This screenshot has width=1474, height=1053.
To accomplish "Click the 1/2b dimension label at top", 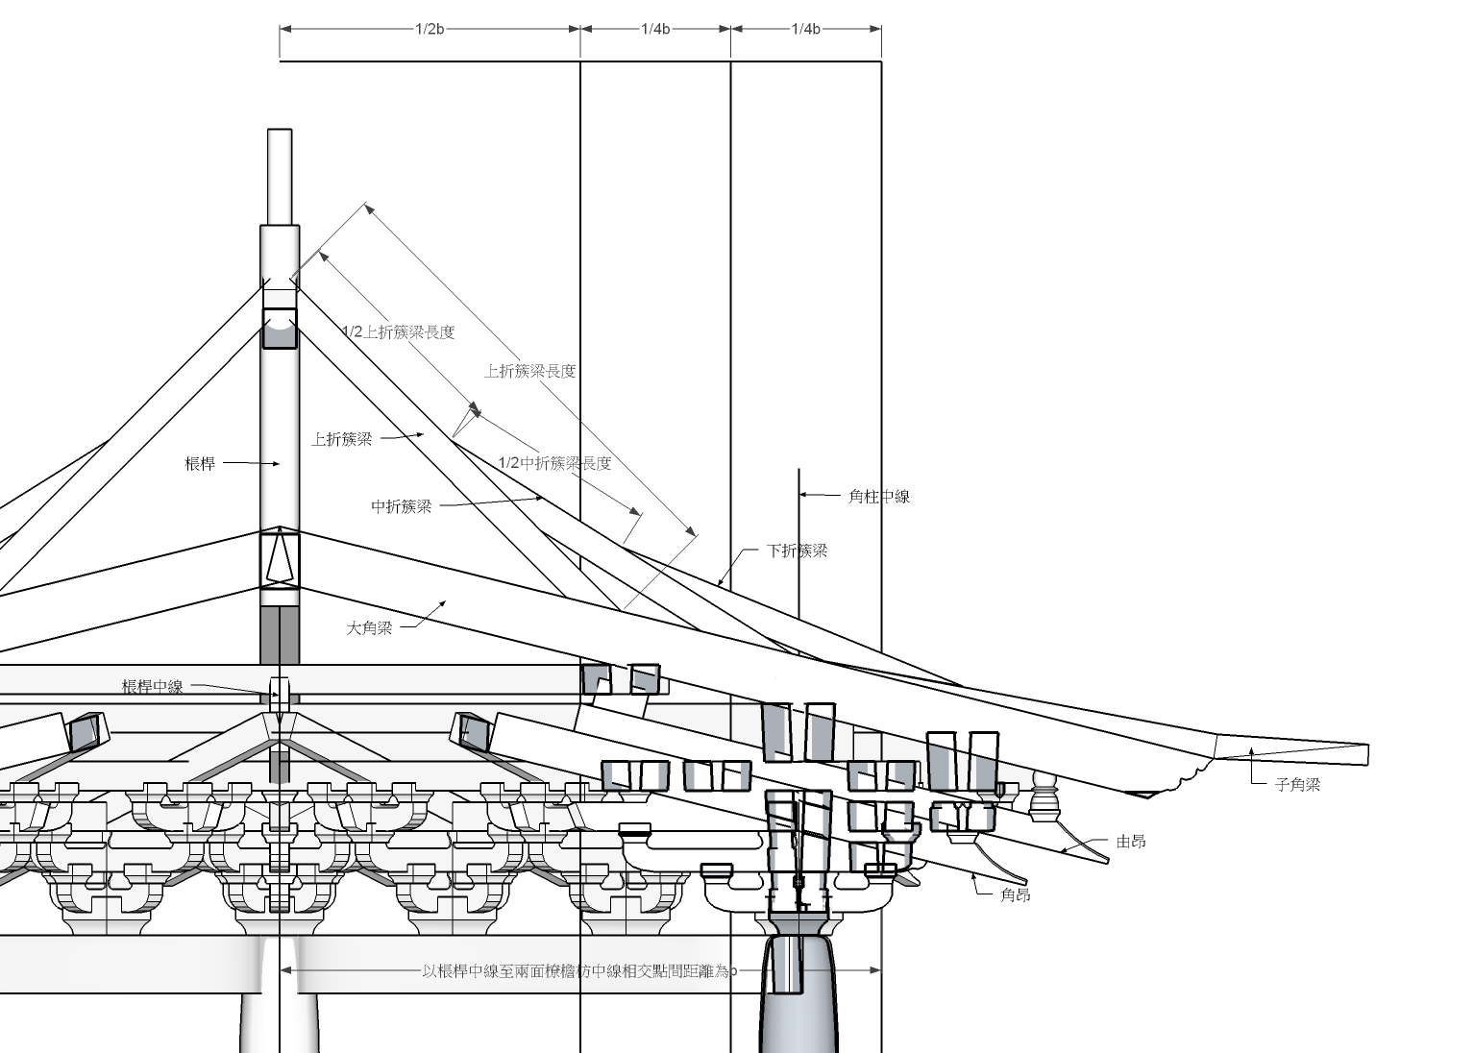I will pyautogui.click(x=430, y=29).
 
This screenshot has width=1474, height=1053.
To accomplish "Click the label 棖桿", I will pyautogui.click(x=200, y=464).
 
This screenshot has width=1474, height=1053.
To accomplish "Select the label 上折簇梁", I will pyautogui.click(x=341, y=439).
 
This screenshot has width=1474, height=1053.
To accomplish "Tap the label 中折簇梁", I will pyautogui.click(x=402, y=506).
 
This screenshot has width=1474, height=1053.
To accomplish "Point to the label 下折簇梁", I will pyautogui.click(x=797, y=551).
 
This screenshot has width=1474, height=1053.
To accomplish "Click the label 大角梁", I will pyautogui.click(x=370, y=628).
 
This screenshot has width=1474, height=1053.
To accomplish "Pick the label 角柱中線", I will pyautogui.click(x=878, y=497).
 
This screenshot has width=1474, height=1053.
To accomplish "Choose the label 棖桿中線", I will pyautogui.click(x=152, y=687).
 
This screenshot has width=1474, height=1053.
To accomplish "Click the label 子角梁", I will pyautogui.click(x=1297, y=784).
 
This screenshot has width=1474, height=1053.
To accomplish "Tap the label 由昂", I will pyautogui.click(x=1131, y=842).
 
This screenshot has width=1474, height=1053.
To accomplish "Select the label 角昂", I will pyautogui.click(x=1016, y=894).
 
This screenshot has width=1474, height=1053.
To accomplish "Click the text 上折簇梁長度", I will pyautogui.click(x=530, y=371).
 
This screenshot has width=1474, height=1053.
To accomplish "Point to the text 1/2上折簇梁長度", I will pyautogui.click(x=399, y=332).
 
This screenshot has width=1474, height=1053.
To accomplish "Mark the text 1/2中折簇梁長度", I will pyautogui.click(x=554, y=463).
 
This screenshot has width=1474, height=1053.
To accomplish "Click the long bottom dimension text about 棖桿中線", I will pyautogui.click(x=579, y=971).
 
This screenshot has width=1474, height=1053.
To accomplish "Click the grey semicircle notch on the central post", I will pyautogui.click(x=280, y=334).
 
